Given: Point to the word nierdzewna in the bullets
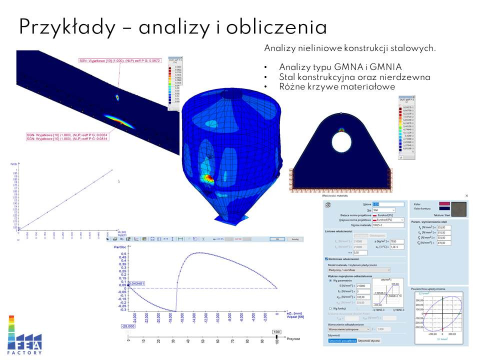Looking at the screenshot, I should (x=405, y=77).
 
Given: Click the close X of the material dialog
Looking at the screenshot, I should (x=467, y=195).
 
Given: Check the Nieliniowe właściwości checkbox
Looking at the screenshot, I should (x=326, y=259).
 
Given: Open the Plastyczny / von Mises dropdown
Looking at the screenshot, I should (x=358, y=270).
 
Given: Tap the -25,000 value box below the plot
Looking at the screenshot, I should (x=129, y=326).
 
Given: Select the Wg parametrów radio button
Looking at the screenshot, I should (x=330, y=280).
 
